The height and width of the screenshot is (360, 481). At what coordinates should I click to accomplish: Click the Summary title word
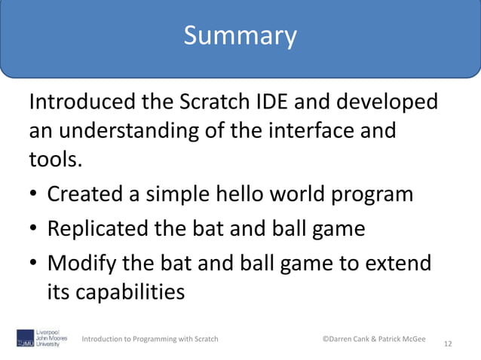240,35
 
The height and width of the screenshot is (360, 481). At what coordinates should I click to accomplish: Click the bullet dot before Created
35,195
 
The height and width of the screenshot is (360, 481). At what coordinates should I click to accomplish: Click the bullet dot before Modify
35,264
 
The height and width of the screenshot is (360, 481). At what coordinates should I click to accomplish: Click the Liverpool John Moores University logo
41,338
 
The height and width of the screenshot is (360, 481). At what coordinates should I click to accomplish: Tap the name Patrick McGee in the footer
400,339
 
